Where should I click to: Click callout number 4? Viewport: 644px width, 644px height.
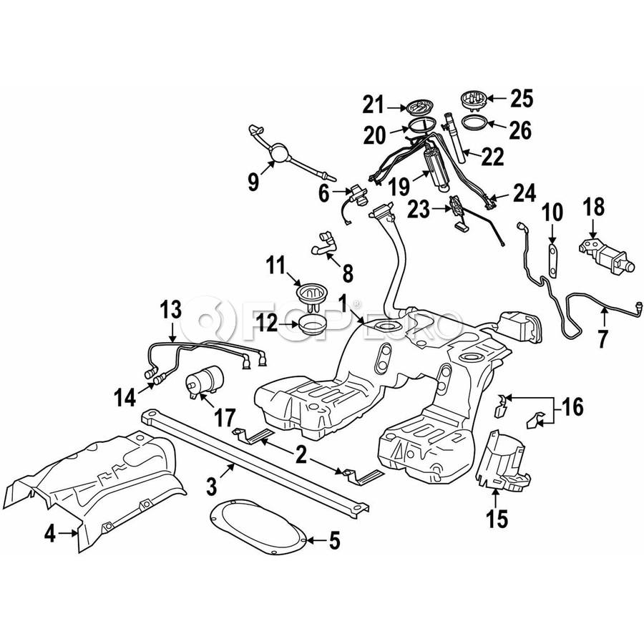click(x=49, y=534)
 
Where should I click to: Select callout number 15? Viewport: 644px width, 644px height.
click(x=497, y=518)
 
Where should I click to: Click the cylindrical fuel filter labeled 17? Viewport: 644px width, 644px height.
click(x=205, y=379)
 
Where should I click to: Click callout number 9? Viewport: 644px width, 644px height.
click(x=254, y=182)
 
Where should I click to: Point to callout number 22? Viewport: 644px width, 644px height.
click(x=492, y=157)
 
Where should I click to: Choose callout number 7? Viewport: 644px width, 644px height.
click(x=602, y=339)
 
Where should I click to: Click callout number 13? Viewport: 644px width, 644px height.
click(x=171, y=309)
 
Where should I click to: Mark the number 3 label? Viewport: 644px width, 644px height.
click(x=211, y=486)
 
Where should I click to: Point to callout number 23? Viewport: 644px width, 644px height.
click(x=419, y=210)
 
